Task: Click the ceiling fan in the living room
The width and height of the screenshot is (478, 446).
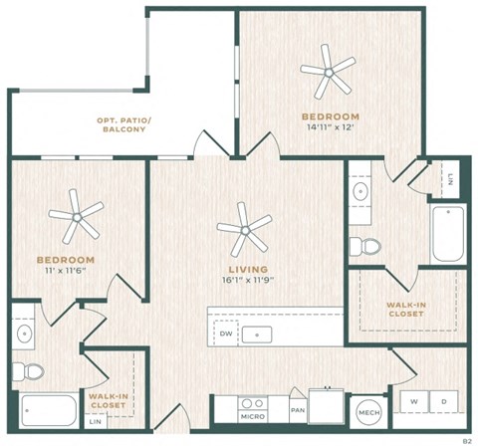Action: point(244,231)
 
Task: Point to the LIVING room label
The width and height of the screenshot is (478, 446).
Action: point(243,268)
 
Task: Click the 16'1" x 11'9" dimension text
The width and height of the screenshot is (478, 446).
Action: point(243,280)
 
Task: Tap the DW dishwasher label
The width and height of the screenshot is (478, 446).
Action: point(226,334)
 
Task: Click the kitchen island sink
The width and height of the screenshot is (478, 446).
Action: point(260,334)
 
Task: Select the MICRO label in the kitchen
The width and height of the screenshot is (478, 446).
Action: point(251,416)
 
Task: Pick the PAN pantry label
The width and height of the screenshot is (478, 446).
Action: point(297,409)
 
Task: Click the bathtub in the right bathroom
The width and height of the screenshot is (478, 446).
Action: point(447,234)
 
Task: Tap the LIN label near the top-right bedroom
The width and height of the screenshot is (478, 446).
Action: point(451,180)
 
